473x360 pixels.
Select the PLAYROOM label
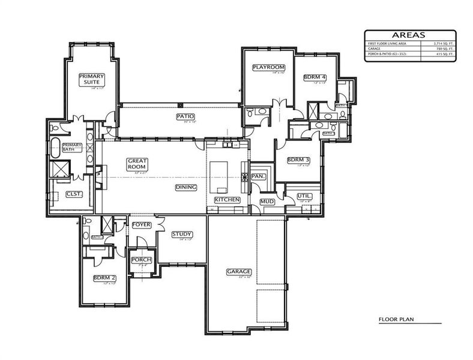[268, 67]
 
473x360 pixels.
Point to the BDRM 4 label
[315, 77]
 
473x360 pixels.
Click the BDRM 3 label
[298, 160]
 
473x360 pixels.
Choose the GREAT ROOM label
[137, 164]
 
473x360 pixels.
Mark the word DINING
[186, 187]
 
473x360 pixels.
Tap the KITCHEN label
[227, 199]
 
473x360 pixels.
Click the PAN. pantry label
[259, 176]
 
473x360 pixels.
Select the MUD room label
[267, 202]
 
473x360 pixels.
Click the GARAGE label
[238, 271]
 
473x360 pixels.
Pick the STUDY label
[181, 234]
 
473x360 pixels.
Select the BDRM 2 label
[104, 278]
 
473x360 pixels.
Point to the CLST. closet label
[74, 193]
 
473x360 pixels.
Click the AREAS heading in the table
[410, 35]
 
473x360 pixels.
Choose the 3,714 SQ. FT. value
[439, 44]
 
